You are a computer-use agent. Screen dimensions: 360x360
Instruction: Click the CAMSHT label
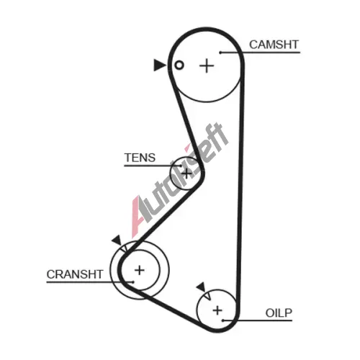[274, 45]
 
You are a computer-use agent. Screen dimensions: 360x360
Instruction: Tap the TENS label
[140, 158]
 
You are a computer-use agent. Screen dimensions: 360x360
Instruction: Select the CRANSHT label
[75, 274]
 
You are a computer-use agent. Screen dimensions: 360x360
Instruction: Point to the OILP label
[279, 313]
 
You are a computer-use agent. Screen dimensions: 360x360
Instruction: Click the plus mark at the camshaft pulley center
[207, 66]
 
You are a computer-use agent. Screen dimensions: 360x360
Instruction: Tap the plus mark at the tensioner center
[186, 173]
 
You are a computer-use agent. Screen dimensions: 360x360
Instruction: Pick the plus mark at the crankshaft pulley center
[140, 271]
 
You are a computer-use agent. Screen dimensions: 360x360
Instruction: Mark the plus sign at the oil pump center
[217, 310]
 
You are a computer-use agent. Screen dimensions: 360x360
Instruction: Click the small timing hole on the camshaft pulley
[179, 65]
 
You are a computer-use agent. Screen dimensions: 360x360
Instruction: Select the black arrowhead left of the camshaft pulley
[159, 65]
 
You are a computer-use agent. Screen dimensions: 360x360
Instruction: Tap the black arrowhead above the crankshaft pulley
[117, 240]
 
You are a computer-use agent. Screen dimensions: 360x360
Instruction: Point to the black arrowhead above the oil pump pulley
[201, 287]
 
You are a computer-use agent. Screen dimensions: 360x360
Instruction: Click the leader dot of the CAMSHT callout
[220, 53]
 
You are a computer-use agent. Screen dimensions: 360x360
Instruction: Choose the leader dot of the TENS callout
[181, 166]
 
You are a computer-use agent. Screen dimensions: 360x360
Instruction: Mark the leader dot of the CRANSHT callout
[132, 282]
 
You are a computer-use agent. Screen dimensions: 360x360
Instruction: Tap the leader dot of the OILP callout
[223, 320]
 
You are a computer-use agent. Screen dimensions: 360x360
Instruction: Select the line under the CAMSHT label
[260, 53]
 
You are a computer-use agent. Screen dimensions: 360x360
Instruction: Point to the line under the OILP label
[258, 320]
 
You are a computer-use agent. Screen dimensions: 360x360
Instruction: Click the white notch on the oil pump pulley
[208, 296]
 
